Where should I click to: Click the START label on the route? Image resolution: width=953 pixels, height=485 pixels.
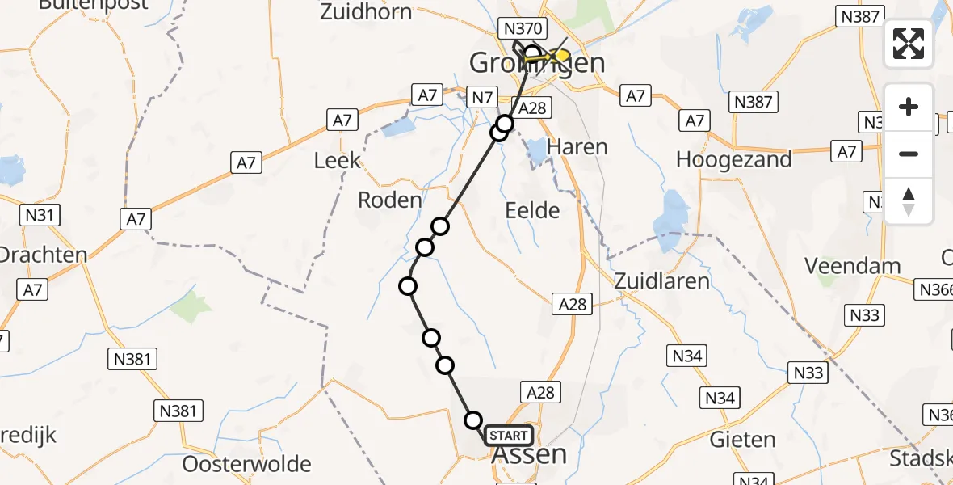509,436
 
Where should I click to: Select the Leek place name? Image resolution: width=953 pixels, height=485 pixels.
338,160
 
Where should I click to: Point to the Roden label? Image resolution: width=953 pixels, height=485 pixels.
389,200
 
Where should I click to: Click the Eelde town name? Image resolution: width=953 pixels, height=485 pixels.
531,211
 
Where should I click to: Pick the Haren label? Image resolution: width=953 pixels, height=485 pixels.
577,147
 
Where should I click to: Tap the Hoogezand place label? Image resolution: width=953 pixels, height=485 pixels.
733,159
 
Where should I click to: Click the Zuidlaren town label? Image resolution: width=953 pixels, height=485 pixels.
661,281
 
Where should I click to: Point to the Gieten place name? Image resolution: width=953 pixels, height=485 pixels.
742,440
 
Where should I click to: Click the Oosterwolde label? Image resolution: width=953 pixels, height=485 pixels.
247,464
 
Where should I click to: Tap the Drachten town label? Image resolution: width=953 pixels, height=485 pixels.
42,255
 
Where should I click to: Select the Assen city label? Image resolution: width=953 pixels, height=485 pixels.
529,455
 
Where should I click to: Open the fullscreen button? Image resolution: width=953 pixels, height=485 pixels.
909,44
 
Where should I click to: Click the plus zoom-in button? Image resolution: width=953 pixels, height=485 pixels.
909,107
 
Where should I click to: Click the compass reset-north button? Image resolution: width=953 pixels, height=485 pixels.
909,201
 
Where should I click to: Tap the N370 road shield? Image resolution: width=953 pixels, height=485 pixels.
523,28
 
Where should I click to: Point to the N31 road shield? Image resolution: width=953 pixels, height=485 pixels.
39,216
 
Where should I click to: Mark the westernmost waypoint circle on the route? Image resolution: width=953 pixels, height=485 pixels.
408,286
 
